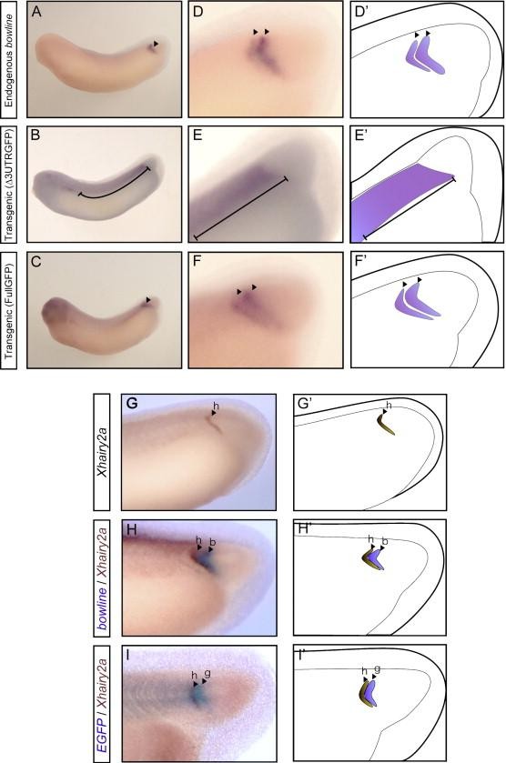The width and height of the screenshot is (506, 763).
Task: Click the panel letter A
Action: (36, 13)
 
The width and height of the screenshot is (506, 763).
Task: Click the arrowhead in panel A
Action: (156, 44)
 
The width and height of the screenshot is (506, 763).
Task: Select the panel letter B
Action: (36, 136)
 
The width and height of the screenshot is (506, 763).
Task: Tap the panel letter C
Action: (36, 262)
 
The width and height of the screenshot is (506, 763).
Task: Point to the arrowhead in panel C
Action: (148, 300)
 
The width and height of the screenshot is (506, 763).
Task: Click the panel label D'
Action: (362, 13)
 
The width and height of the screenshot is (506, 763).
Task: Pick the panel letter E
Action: (197, 136)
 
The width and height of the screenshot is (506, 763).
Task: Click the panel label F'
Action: (361, 262)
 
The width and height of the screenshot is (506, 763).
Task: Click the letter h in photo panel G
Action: (217, 406)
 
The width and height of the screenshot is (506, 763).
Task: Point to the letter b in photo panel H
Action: (212, 542)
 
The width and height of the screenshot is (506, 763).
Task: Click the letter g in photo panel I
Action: (207, 674)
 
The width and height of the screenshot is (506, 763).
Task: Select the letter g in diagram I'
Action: (377, 669)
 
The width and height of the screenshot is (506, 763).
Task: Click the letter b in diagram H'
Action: (385, 540)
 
